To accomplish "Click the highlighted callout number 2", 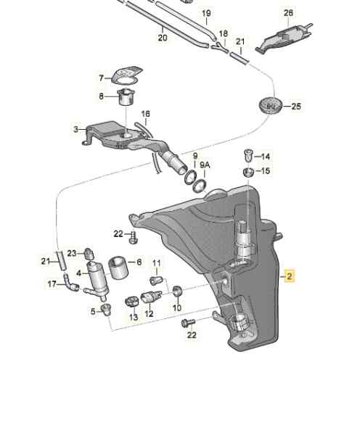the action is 290,276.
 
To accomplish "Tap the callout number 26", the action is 288,12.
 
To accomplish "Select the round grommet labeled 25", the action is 270,106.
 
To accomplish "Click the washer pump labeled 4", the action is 96,280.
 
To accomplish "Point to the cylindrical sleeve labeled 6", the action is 118,267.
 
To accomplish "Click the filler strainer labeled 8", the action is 127,97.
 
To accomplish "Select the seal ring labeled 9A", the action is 200,186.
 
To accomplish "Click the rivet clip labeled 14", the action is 248,156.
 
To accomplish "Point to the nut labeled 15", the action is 248,172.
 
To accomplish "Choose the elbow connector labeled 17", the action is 70,283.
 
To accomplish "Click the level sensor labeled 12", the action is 150,297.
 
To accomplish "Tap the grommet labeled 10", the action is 177,291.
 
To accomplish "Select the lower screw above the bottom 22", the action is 188,323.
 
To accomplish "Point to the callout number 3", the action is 75,129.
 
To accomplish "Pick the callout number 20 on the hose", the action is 163,38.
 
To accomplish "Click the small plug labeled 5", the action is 106,309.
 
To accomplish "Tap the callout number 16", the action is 146,114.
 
